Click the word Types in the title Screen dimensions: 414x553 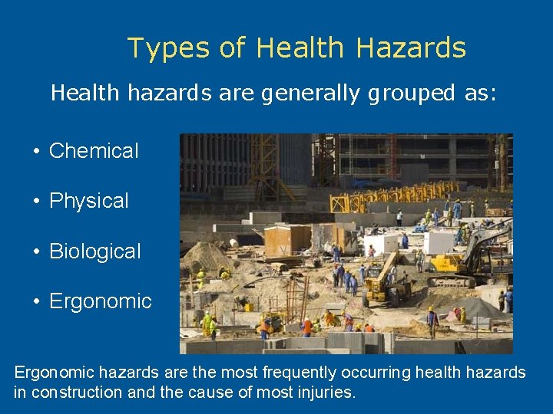tap(168, 48)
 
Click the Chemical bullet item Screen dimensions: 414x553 tap(94, 151)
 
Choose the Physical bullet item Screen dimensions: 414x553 tap(89, 201)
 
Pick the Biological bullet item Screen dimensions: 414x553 tap(95, 251)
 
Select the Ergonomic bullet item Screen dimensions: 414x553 tap(101, 301)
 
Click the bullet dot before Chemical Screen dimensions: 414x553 tap(36, 151)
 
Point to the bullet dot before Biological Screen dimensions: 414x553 tap(36, 251)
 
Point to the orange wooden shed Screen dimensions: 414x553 tap(287, 240)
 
